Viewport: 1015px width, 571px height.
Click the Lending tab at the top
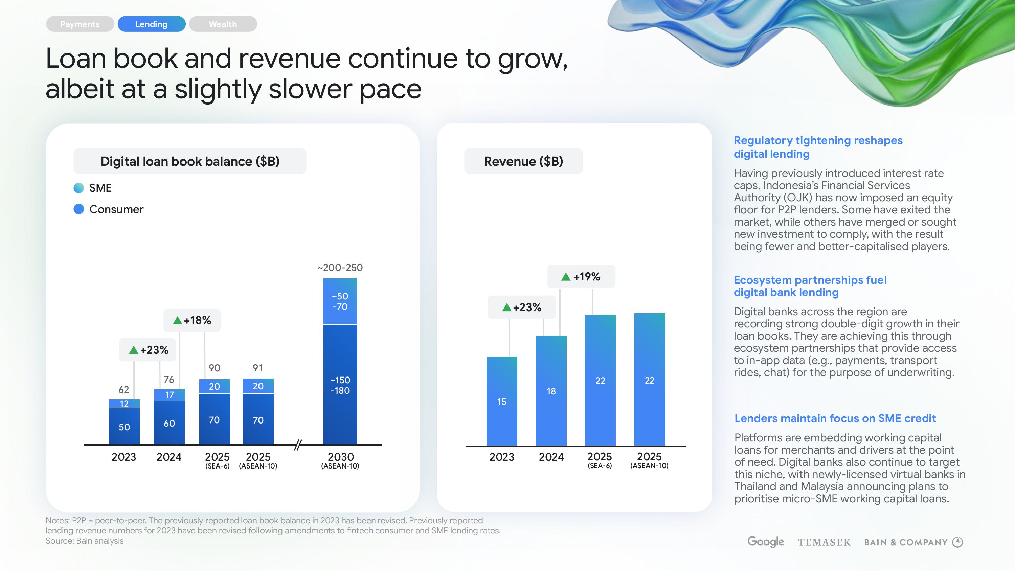point(151,24)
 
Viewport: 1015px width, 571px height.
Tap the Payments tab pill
point(80,24)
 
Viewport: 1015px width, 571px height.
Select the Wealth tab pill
point(223,24)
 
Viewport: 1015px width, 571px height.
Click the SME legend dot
point(79,188)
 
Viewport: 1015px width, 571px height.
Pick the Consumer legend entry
point(116,209)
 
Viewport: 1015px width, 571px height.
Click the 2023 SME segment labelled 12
point(124,404)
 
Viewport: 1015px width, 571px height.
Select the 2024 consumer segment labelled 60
point(169,423)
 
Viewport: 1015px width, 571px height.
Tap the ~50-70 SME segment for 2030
point(340,301)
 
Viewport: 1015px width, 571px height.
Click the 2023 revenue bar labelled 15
point(502,401)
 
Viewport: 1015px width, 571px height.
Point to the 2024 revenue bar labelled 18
point(551,391)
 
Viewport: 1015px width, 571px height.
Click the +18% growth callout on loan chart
point(192,320)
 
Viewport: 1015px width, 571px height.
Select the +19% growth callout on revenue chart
point(581,277)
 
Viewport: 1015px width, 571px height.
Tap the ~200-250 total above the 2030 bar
point(340,268)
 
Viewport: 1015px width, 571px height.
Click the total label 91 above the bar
point(258,368)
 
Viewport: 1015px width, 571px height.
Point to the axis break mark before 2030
point(298,445)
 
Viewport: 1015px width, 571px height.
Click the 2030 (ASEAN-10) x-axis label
point(340,460)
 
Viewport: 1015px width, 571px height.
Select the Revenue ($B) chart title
point(523,161)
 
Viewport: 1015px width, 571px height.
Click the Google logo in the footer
point(766,542)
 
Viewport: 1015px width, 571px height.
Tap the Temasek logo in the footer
point(824,542)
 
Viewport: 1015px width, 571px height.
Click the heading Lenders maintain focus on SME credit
point(835,418)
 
